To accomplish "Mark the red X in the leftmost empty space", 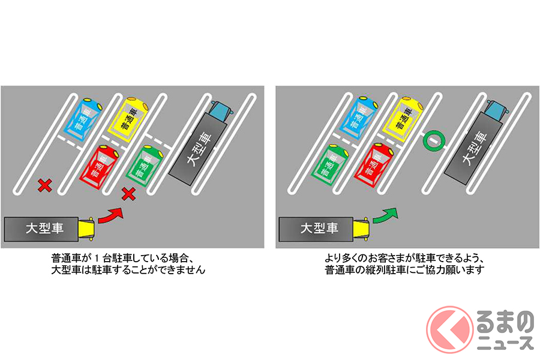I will [x=44, y=185].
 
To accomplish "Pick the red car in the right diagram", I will [x=374, y=163].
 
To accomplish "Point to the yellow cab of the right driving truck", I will [x=362, y=229].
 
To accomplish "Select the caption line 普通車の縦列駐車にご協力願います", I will [x=403, y=271].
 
